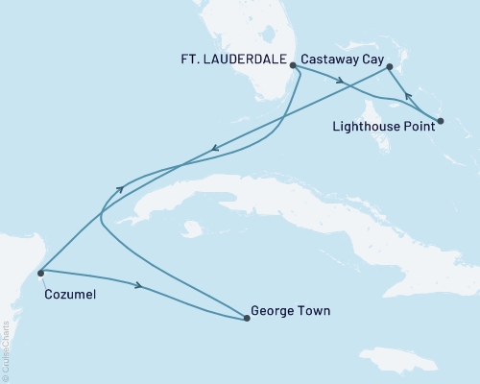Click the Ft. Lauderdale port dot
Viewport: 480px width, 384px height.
[x=293, y=66]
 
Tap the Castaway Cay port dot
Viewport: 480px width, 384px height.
[x=389, y=67]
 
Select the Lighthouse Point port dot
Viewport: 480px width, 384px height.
[x=440, y=121]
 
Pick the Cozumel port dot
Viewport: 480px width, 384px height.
[x=40, y=273]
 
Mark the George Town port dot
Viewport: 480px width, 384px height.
[x=247, y=318]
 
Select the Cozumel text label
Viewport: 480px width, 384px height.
[x=69, y=295]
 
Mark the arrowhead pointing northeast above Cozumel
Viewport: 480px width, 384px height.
[x=120, y=190]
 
